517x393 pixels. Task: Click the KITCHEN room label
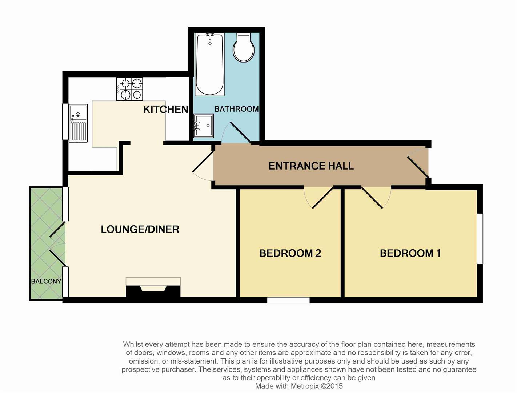pos(165,109)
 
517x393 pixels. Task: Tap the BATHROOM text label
pos(236,109)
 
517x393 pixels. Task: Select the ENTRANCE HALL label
pos(311,166)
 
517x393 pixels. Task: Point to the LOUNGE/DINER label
pos(140,229)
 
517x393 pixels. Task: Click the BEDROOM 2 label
pos(290,253)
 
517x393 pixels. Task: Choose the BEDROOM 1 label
pos(410,253)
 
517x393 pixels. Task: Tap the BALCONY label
pos(46,281)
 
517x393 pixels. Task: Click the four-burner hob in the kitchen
pos(129,89)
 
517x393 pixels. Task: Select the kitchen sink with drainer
pos(79,123)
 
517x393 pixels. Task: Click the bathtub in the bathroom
pos(209,64)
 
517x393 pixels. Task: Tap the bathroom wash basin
pos(204,125)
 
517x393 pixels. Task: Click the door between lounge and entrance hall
pos(203,166)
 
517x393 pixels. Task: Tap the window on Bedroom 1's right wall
pos(480,238)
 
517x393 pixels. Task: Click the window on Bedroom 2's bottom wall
pos(288,300)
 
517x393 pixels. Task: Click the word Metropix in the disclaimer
pos(305,386)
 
